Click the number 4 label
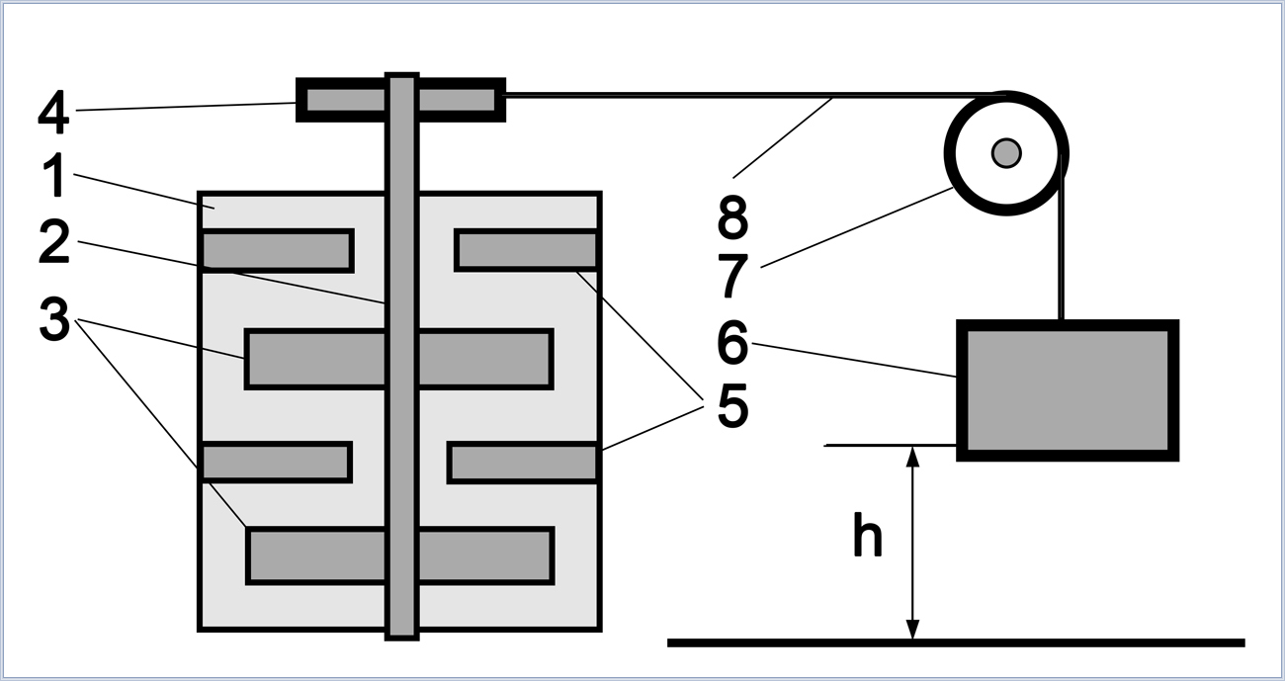point(54,112)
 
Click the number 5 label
point(733,405)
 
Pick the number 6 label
point(733,343)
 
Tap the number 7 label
point(733,276)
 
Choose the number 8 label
point(733,216)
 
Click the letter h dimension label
point(868,535)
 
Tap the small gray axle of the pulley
point(1006,153)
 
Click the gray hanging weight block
point(1068,390)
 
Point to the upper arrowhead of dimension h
point(912,457)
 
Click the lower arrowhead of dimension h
point(912,629)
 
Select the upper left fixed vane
point(277,251)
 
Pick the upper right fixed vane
point(527,250)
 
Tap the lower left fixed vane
point(276,463)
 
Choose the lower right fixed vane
point(523,463)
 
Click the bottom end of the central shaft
point(401,638)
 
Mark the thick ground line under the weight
point(956,643)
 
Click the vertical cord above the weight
point(1062,236)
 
